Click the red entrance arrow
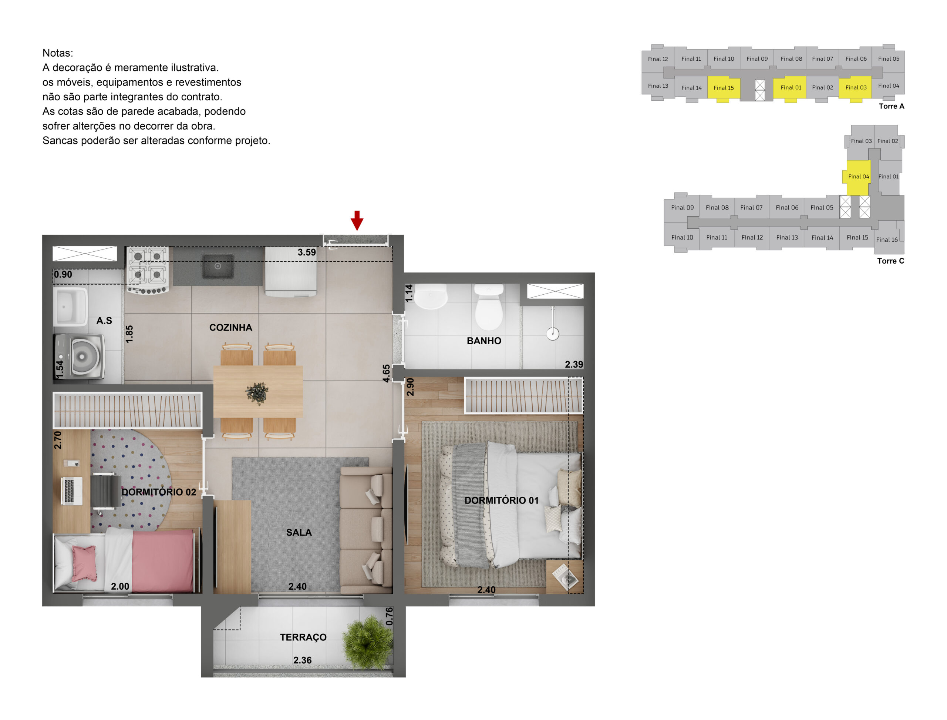357,220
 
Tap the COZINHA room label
230,328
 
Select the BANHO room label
483,341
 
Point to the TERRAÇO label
303,637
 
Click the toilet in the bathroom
489,307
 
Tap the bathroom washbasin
431,296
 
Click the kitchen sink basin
218,266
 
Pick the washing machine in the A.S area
80,356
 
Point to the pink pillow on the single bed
84,563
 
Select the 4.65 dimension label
386,373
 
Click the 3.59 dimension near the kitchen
307,252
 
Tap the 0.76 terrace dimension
389,616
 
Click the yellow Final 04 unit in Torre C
858,177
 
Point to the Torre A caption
891,106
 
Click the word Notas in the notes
58,53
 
